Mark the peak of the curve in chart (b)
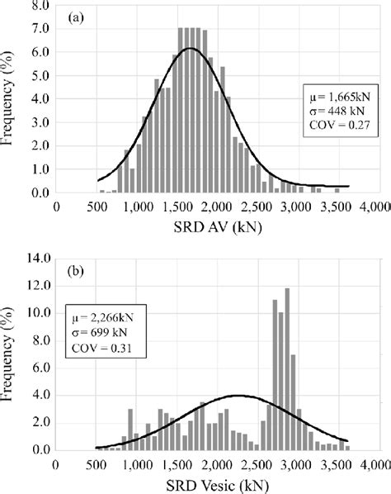click(x=238, y=395)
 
